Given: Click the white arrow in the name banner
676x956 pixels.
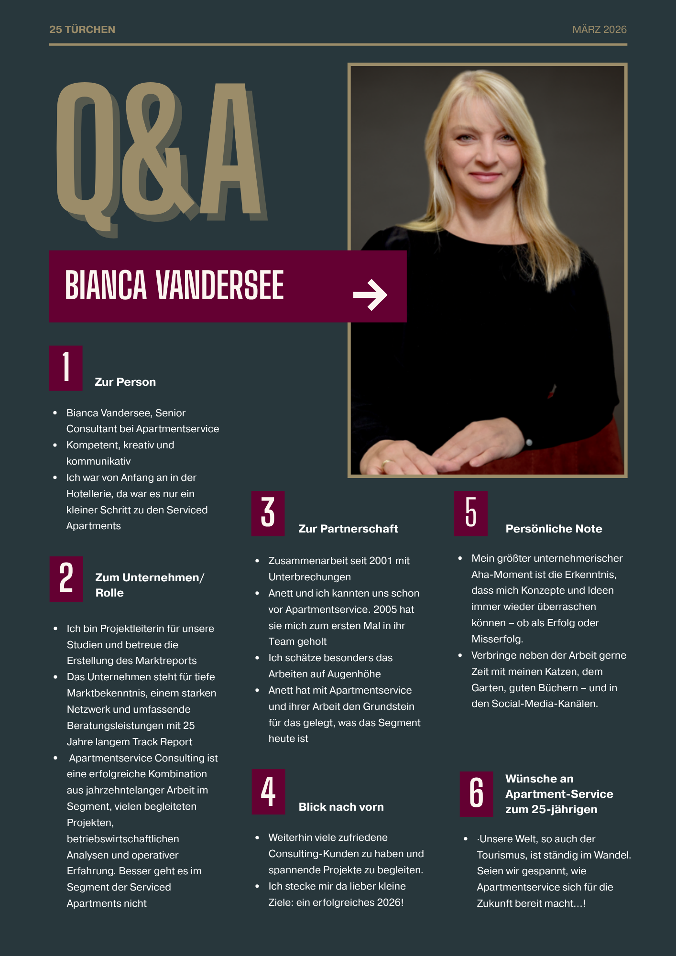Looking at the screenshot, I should pyautogui.click(x=370, y=295).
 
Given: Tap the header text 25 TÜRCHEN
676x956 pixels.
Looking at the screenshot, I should pyautogui.click(x=82, y=30).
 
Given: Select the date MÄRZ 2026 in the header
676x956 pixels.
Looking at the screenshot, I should pyautogui.click(x=599, y=30).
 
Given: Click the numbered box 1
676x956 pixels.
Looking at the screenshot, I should pyautogui.click(x=66, y=368).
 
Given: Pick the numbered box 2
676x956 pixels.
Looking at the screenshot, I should pyautogui.click(x=66, y=578).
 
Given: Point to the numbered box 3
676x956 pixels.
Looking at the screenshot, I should pyautogui.click(x=268, y=513).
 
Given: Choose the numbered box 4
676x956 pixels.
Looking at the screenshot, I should pyautogui.click(x=268, y=791).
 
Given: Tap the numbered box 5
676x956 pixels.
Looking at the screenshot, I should pyautogui.click(x=470, y=513).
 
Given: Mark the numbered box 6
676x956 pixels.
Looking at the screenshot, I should pyautogui.click(x=476, y=793).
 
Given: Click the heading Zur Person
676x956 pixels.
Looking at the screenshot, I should pyautogui.click(x=125, y=382).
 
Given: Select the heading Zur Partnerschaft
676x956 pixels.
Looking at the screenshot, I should pyautogui.click(x=348, y=529).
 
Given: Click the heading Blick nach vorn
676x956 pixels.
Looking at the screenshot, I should pyautogui.click(x=341, y=807).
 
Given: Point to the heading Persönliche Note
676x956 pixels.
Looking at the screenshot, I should pyautogui.click(x=554, y=529).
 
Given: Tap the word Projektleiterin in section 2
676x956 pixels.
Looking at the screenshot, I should pyautogui.click(x=133, y=629).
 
